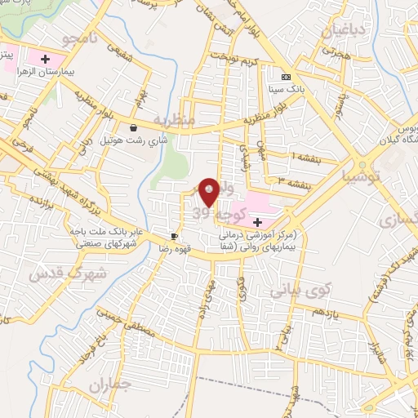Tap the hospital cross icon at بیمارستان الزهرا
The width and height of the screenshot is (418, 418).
point(46,59)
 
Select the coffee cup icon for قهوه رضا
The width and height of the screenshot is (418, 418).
point(174,236)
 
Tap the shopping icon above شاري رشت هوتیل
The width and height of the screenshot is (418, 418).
point(133,128)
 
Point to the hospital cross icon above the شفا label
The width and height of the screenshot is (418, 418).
point(257,221)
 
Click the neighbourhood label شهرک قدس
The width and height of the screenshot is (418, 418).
point(56,273)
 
